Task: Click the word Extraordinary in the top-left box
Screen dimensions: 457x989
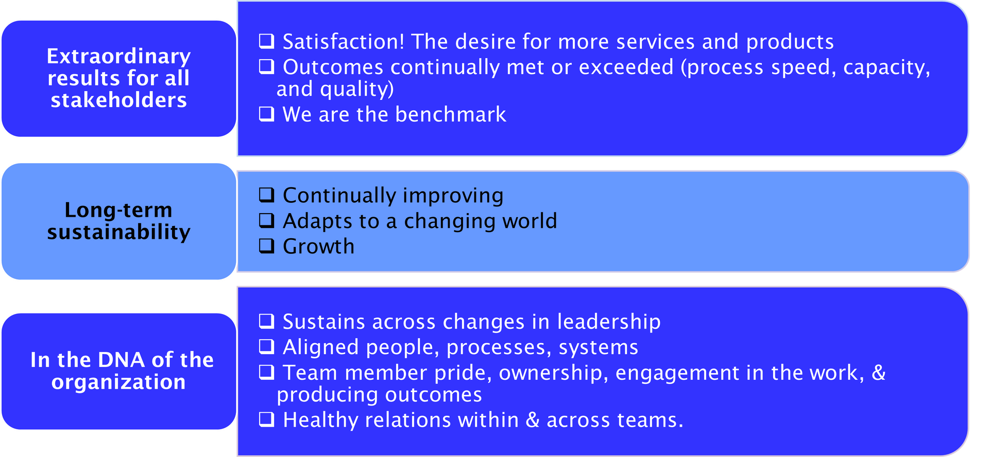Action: pos(118,56)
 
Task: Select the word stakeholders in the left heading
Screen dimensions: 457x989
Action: pos(118,100)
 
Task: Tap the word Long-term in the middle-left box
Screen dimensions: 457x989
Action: pos(118,210)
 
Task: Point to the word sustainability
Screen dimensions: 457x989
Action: pos(118,232)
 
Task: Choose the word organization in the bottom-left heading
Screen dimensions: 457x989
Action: pos(118,382)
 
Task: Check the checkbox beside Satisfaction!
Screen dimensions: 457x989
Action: pos(266,41)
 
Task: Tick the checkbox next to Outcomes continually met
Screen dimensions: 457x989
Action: pos(266,66)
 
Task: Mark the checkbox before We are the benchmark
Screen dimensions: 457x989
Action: pos(266,114)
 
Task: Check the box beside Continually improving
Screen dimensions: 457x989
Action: pos(266,195)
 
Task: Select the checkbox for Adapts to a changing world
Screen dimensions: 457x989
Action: pos(266,220)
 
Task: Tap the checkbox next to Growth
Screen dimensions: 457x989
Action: pos(266,245)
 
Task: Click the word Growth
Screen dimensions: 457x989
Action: pos(318,247)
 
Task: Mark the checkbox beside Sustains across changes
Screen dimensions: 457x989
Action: pos(266,321)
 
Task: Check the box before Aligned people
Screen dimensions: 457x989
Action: pos(266,346)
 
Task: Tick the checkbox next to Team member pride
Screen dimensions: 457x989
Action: pos(266,372)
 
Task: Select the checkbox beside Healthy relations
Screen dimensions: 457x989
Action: pos(266,419)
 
